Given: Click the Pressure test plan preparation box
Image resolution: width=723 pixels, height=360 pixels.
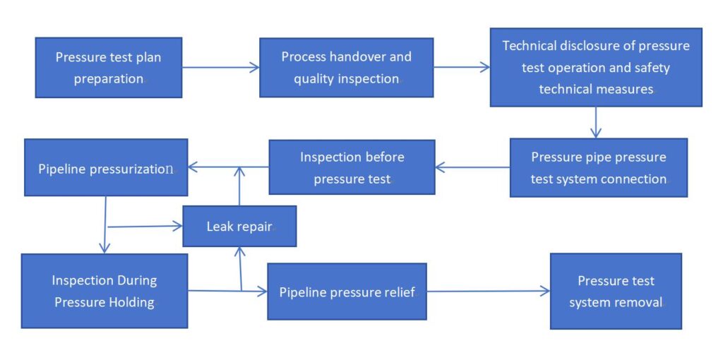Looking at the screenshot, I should [109, 68].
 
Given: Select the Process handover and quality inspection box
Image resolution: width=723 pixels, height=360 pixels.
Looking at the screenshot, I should [346, 68].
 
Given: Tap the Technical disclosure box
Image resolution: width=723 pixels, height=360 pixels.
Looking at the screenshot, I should [596, 68].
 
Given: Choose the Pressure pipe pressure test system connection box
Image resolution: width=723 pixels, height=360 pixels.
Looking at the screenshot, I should [598, 168].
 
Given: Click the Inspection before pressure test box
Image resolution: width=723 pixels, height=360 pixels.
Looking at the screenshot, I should [352, 167].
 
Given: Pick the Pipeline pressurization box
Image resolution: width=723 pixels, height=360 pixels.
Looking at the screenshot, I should [106, 168].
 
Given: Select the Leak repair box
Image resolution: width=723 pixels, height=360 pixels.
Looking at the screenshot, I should [239, 227].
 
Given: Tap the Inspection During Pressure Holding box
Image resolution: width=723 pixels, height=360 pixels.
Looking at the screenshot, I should [104, 291].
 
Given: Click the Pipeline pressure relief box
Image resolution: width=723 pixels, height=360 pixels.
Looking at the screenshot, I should [347, 292].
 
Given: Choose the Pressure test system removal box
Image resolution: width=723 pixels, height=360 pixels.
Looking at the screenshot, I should [616, 292].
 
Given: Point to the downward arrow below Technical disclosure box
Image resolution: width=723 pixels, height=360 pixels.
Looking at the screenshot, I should [596, 122].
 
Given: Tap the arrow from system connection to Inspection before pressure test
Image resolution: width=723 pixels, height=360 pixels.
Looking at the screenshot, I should [472, 168].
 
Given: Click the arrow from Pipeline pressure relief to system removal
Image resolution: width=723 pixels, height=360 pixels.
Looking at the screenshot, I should [488, 291].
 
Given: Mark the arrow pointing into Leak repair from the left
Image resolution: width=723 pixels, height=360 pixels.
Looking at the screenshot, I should [145, 227].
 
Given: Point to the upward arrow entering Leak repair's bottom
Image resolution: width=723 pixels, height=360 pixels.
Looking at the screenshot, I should [241, 268].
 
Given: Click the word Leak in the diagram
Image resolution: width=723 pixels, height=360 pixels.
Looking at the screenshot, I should [221, 227].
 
